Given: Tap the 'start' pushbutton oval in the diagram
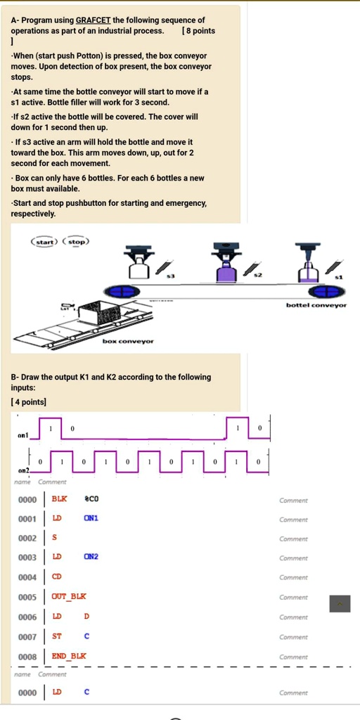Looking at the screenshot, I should pyautogui.click(x=46, y=241).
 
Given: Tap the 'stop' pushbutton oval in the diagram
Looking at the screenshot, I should pyautogui.click(x=76, y=241).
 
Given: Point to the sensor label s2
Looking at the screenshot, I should pyautogui.click(x=258, y=276).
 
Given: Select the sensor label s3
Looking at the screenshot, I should pyautogui.click(x=169, y=276).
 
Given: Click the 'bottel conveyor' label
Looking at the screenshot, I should pyautogui.click(x=316, y=305).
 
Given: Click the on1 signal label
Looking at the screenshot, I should pyautogui.click(x=23, y=435).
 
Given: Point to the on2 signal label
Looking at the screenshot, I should pyautogui.click(x=23, y=470).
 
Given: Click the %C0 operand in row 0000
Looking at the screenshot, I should pyautogui.click(x=91, y=499).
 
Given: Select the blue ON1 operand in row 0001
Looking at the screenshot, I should pyautogui.click(x=91, y=518).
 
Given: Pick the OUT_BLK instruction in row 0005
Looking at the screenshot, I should pyautogui.click(x=68, y=596).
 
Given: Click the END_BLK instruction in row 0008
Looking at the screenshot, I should pyautogui.click(x=68, y=655).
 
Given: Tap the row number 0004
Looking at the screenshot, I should pyautogui.click(x=27, y=577).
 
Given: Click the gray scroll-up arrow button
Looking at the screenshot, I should pyautogui.click(x=340, y=603).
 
